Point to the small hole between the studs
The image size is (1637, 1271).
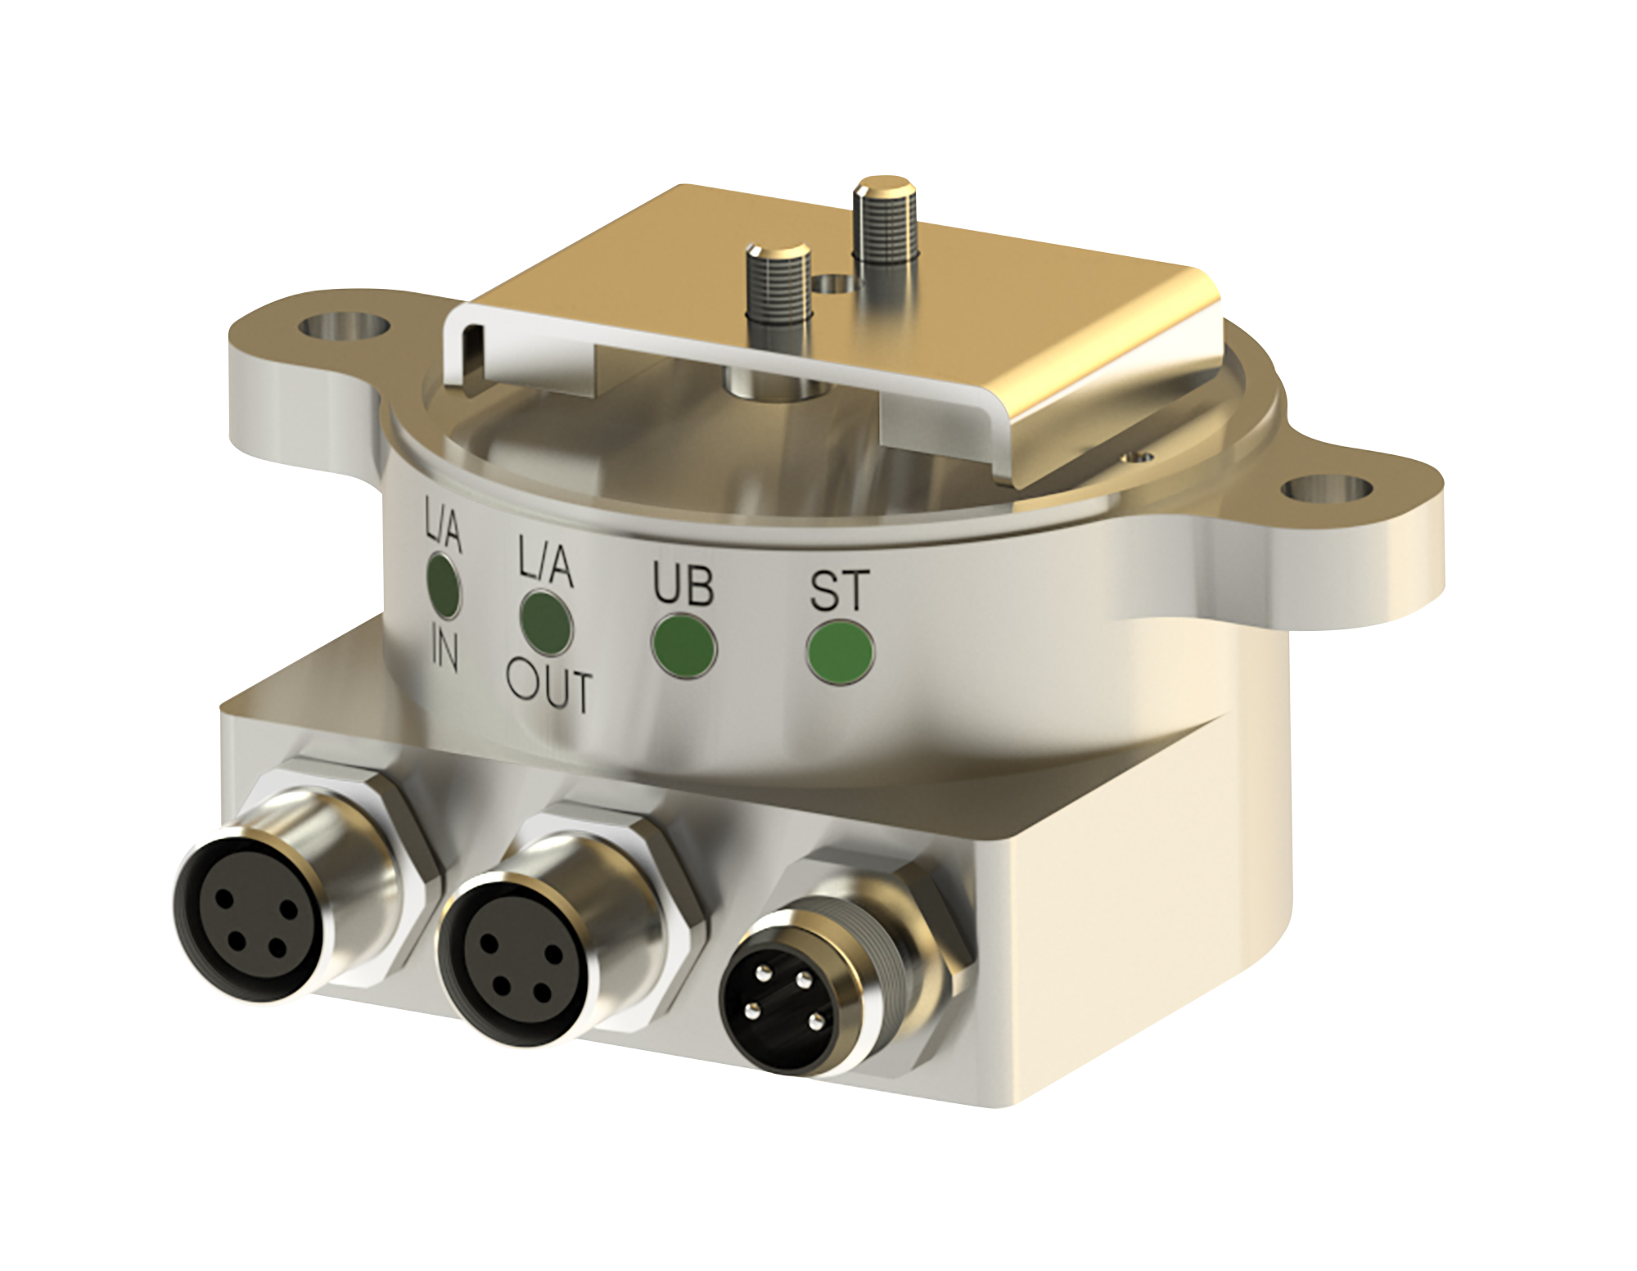click(833, 284)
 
